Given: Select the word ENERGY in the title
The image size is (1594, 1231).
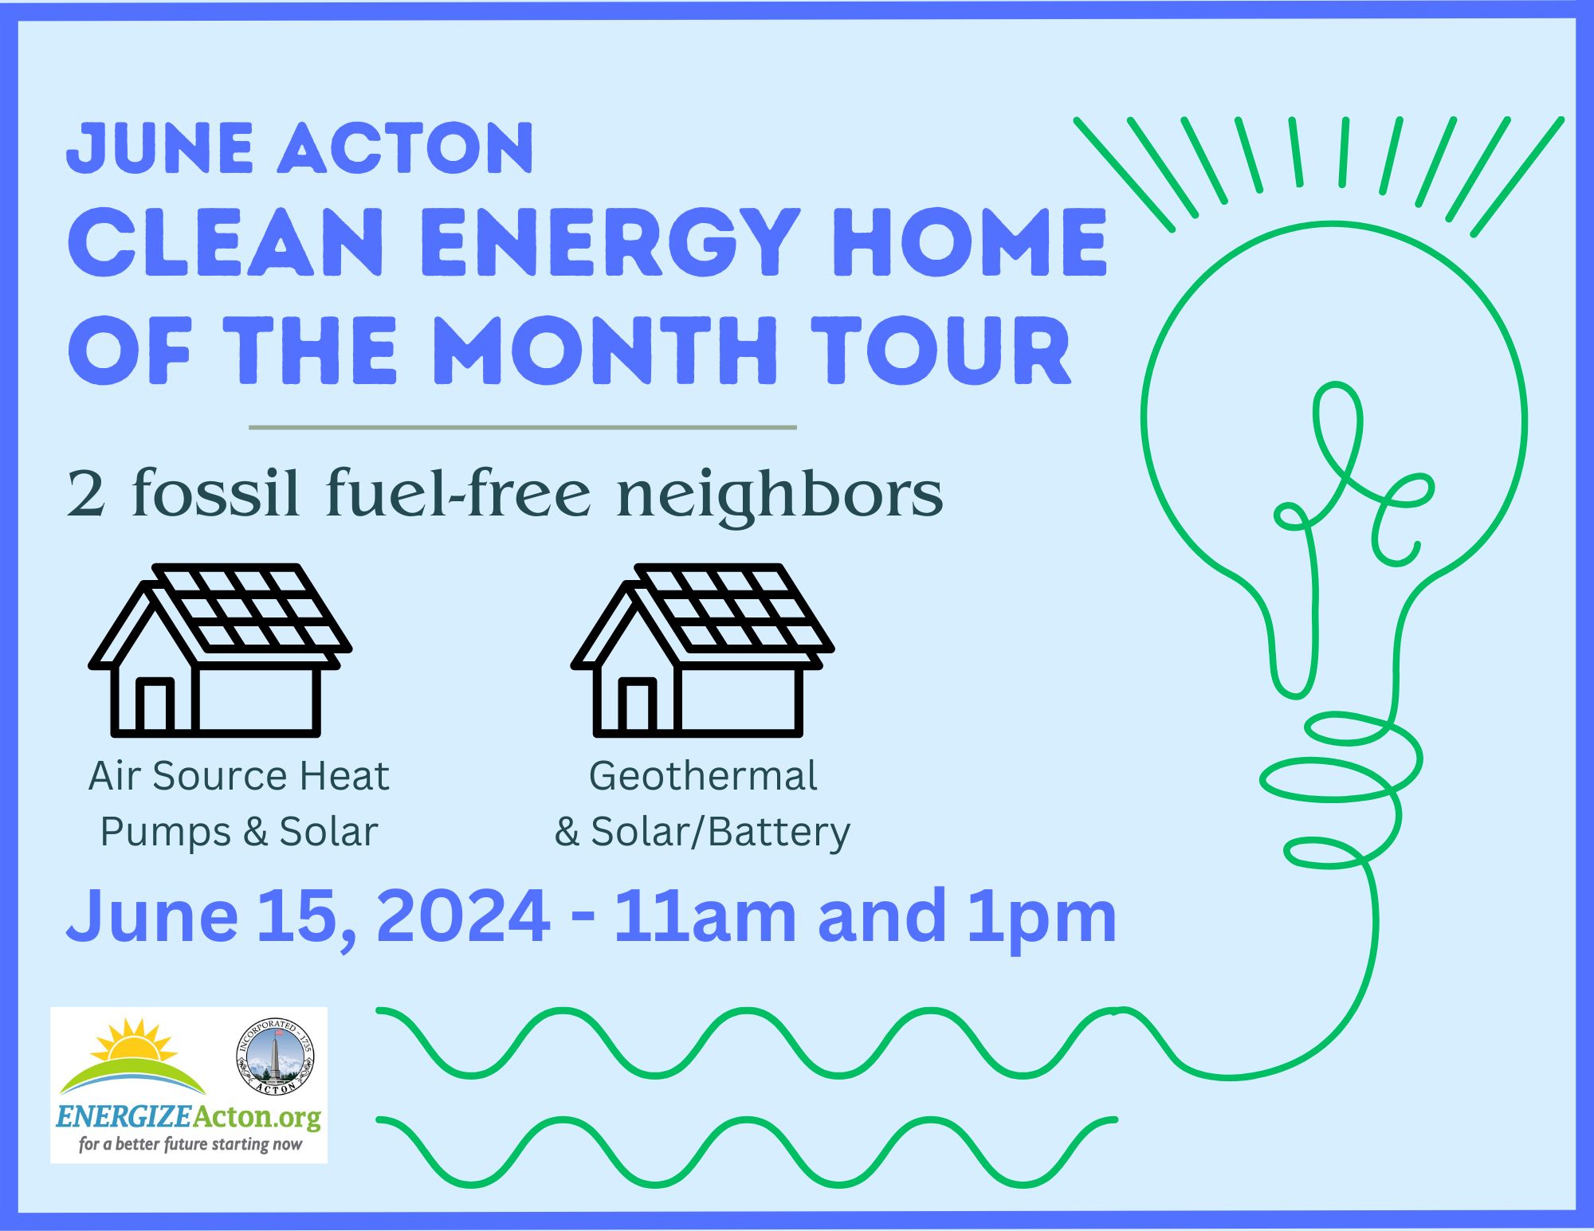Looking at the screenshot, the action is click(614, 242).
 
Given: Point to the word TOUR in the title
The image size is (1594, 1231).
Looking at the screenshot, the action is click(940, 351).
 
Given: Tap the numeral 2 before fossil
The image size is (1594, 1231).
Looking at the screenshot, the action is click(86, 494).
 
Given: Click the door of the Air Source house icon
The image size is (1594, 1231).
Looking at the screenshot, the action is click(155, 706).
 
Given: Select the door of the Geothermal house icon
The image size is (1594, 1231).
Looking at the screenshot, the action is click(638, 706).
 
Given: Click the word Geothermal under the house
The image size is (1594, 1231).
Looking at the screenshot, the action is click(703, 776).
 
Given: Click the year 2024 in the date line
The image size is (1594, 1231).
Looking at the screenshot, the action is click(462, 916).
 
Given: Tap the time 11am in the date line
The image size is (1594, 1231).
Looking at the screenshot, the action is click(706, 916).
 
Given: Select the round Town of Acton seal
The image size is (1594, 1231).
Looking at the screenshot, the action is click(276, 1057).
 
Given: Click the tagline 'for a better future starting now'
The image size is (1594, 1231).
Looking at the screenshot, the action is click(190, 1144).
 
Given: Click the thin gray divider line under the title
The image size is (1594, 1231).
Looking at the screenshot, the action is click(523, 427).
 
